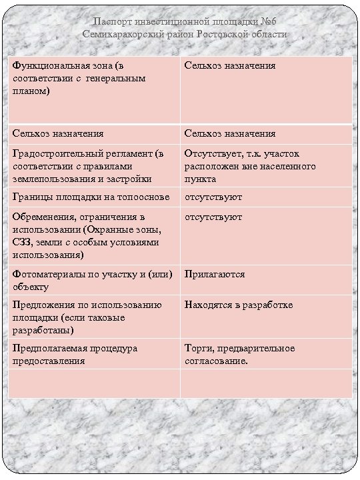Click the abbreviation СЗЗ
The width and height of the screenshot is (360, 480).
pyautogui.click(x=21, y=242)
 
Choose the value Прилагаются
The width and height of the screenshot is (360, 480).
pyautogui.click(x=215, y=274)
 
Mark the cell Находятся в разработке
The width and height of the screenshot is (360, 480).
pyautogui.click(x=239, y=305)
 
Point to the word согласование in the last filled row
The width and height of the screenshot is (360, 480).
pyautogui.click(x=215, y=361)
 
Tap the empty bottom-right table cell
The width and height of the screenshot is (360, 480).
pyautogui.click(x=266, y=383)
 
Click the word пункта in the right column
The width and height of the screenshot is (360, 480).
pyautogui.click(x=200, y=179)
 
